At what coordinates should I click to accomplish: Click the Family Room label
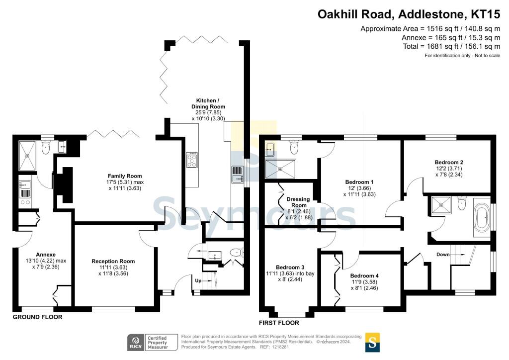(125, 176)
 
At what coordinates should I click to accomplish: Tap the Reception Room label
(113, 262)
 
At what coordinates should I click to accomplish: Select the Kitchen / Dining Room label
(208, 103)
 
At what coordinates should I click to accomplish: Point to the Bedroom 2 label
(449, 162)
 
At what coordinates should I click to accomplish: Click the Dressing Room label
(298, 202)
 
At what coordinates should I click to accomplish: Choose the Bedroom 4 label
(364, 275)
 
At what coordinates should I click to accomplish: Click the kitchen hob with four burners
(192, 160)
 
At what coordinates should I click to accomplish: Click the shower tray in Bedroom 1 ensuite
(281, 169)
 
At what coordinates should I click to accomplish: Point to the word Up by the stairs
(198, 280)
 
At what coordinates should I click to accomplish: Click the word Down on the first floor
(443, 255)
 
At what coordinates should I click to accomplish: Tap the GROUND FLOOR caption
(37, 317)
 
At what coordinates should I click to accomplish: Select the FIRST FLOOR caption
(279, 323)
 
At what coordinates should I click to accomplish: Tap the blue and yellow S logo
(372, 343)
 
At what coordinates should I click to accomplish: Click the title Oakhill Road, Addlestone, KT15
(409, 14)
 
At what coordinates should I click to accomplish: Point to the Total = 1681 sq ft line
(451, 46)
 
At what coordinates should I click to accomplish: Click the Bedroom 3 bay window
(291, 314)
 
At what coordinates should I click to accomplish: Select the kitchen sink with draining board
(238, 175)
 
